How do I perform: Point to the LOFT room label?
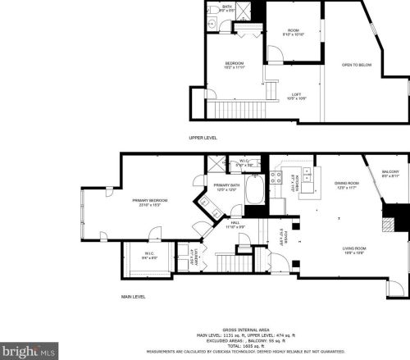tap(296, 97)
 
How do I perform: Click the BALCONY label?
tap(389, 172)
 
